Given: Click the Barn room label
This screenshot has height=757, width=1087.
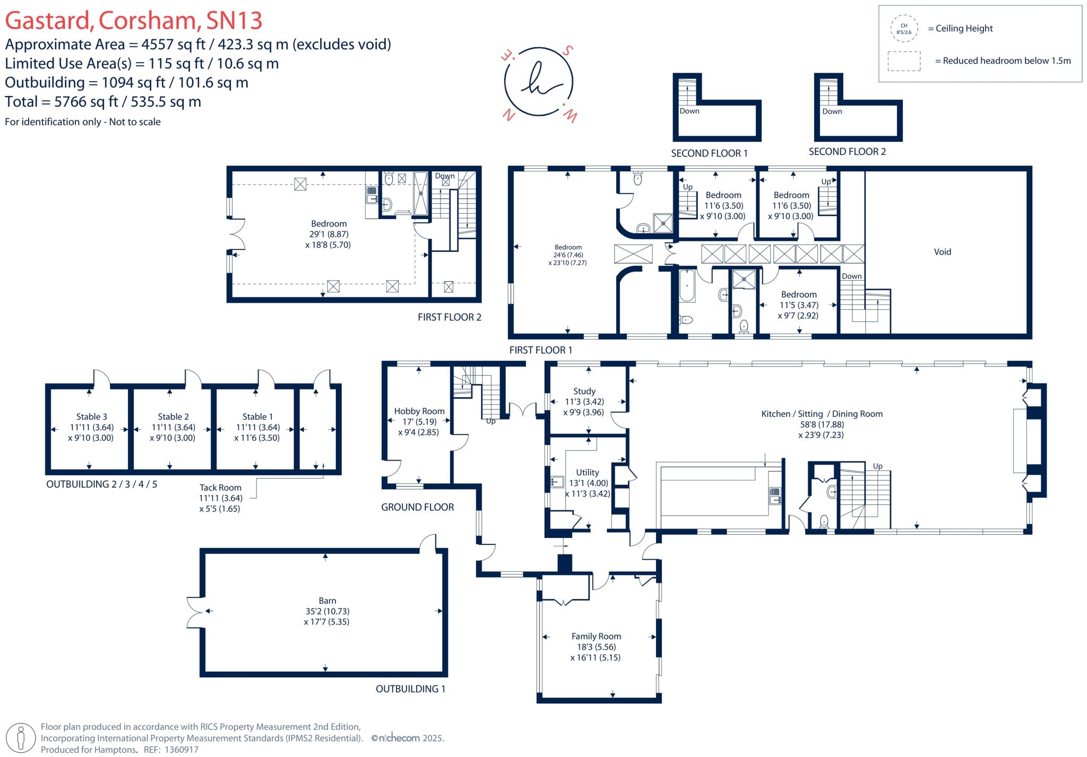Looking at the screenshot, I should pyautogui.click(x=327, y=601).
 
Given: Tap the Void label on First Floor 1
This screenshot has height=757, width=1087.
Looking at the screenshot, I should pyautogui.click(x=942, y=252).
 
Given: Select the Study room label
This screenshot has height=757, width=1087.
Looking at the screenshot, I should pyautogui.click(x=584, y=391).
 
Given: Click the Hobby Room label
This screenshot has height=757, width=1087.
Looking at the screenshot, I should pyautogui.click(x=419, y=411).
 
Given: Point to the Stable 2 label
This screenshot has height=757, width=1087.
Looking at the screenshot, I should pyautogui.click(x=173, y=416).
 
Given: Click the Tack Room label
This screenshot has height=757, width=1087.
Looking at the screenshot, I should pyautogui.click(x=220, y=488).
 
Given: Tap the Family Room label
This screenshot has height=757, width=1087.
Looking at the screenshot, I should pyautogui.click(x=596, y=636).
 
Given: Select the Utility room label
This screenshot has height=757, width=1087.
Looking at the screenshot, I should pyautogui.click(x=587, y=472).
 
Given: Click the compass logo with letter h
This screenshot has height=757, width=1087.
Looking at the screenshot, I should pyautogui.click(x=538, y=82).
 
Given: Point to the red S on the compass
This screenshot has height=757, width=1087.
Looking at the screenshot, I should pyautogui.click(x=567, y=51).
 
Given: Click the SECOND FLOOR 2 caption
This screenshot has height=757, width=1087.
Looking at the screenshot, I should pyautogui.click(x=847, y=152).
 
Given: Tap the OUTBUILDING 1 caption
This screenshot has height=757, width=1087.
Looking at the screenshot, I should pyautogui.click(x=410, y=689).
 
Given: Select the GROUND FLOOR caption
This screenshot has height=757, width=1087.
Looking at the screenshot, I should pyautogui.click(x=417, y=507).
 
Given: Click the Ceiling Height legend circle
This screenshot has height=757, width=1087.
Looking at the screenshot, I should pyautogui.click(x=903, y=29).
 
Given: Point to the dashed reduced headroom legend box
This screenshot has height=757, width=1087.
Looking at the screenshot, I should pyautogui.click(x=904, y=61).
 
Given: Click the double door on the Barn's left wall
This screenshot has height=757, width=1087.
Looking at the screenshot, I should pyautogui.click(x=194, y=611).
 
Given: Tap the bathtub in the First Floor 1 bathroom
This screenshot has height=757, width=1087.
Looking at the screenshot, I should pyautogui.click(x=687, y=285).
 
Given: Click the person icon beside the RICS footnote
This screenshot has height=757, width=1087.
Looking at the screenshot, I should pyautogui.click(x=21, y=737).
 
